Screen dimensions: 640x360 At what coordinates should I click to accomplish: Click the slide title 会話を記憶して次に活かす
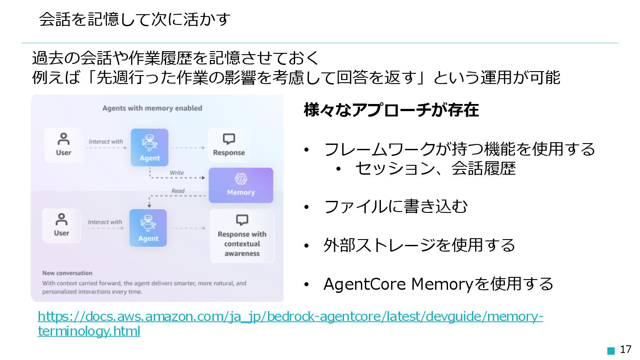(135, 20)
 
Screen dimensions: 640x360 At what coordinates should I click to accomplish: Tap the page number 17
(625, 350)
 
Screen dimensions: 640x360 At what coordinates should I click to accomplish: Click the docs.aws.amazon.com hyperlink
(290, 317)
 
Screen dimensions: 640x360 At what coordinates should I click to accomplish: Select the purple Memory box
(241, 185)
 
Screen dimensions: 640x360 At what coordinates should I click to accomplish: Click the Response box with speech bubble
(229, 145)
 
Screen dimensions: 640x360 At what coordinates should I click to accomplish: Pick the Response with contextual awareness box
(242, 236)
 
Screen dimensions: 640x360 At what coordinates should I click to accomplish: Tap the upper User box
(64, 145)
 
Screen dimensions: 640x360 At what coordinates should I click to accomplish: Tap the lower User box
(61, 225)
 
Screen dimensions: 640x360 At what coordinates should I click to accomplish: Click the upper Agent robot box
(150, 147)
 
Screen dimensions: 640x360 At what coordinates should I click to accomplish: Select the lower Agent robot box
(148, 228)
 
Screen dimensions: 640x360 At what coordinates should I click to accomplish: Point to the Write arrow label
(176, 172)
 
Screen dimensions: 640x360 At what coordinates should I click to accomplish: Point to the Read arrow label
(178, 191)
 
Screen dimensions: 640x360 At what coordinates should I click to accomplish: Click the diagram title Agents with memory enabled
(152, 108)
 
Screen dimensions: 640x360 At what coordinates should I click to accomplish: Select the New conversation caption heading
(67, 273)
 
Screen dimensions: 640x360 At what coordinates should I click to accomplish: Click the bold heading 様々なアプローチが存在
(391, 110)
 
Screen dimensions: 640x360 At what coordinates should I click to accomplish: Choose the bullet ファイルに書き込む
(396, 207)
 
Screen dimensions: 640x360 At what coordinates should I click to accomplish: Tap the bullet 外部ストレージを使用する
(419, 245)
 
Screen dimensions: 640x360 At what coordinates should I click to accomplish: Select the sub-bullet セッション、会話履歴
(435, 168)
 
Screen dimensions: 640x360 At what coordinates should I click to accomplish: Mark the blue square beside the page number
(611, 351)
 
